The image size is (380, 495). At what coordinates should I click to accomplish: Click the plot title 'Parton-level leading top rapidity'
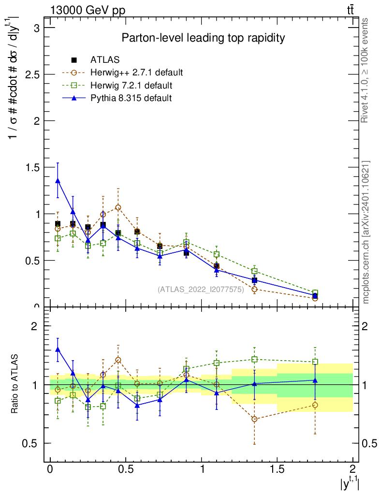point(203,38)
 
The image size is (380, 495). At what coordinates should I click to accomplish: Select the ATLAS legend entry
point(104,60)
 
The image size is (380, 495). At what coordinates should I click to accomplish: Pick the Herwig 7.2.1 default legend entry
point(131,86)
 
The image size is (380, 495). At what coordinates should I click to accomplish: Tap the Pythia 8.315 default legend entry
point(131,98)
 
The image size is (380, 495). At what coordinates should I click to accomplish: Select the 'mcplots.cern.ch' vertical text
point(366,232)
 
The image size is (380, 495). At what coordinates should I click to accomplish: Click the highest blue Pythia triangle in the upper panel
point(58,181)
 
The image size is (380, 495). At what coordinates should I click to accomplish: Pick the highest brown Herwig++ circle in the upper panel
point(118,207)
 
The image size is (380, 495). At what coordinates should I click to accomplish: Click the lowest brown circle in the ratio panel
point(254,419)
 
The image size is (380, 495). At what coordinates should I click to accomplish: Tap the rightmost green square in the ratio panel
point(315,362)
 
